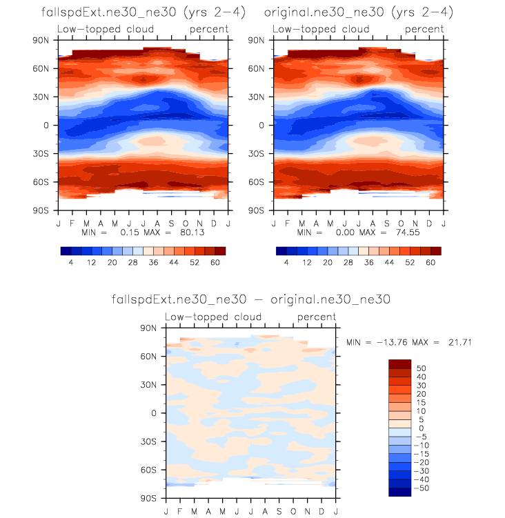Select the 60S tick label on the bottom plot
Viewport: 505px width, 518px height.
click(152, 470)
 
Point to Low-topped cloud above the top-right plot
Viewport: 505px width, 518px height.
click(321, 30)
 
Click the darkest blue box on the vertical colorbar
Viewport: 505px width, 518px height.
click(399, 492)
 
